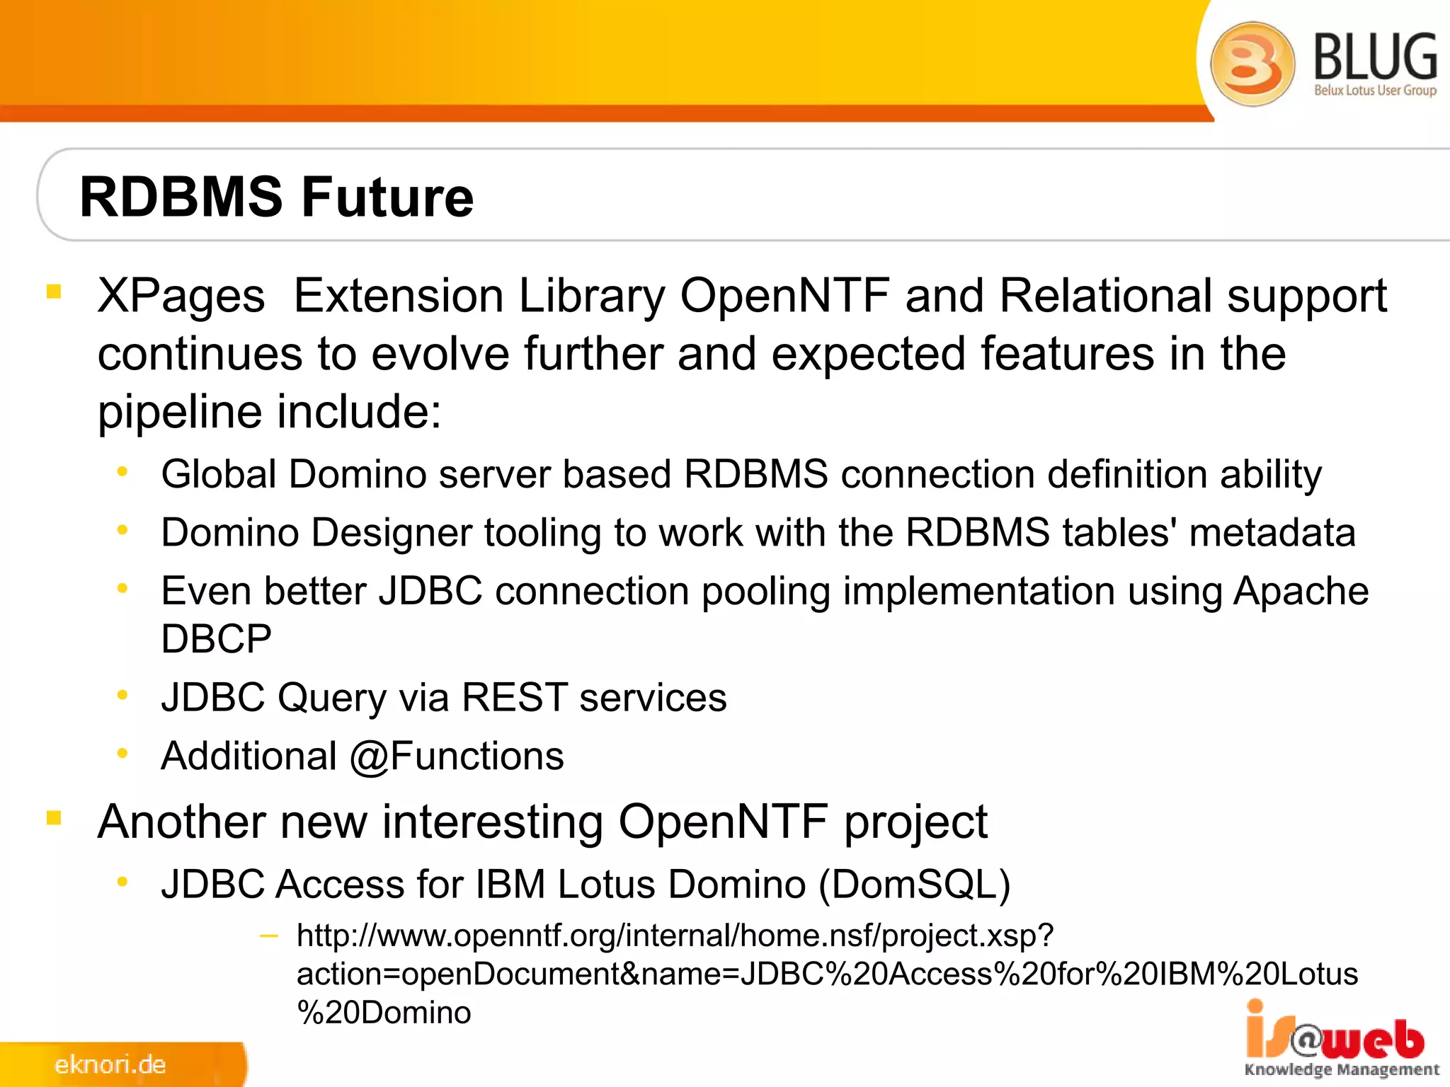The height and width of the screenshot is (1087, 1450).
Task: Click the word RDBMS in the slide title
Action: coord(181,197)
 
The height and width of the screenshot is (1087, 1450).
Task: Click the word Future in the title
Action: coord(387,197)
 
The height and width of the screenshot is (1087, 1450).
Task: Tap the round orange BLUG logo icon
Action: coord(1252,64)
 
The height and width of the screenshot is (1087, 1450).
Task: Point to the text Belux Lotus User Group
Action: coord(1375,91)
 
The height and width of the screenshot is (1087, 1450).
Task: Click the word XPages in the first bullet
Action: coord(181,296)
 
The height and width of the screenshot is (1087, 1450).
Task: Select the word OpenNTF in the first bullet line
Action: coord(784,296)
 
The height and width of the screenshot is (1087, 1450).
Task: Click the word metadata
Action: coord(1272,533)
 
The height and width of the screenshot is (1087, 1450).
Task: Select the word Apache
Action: coord(1301,591)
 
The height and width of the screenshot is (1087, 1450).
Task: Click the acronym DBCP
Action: coord(216,639)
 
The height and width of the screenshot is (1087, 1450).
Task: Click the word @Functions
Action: coord(457,757)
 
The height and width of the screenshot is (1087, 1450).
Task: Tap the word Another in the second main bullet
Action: coord(182,822)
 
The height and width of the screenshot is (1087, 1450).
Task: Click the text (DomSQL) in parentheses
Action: coord(914,885)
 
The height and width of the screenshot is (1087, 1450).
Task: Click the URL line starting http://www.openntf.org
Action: coord(675,936)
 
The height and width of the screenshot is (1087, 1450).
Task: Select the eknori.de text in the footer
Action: coord(110,1064)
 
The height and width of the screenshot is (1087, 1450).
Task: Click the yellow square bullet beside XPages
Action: coord(54,291)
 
